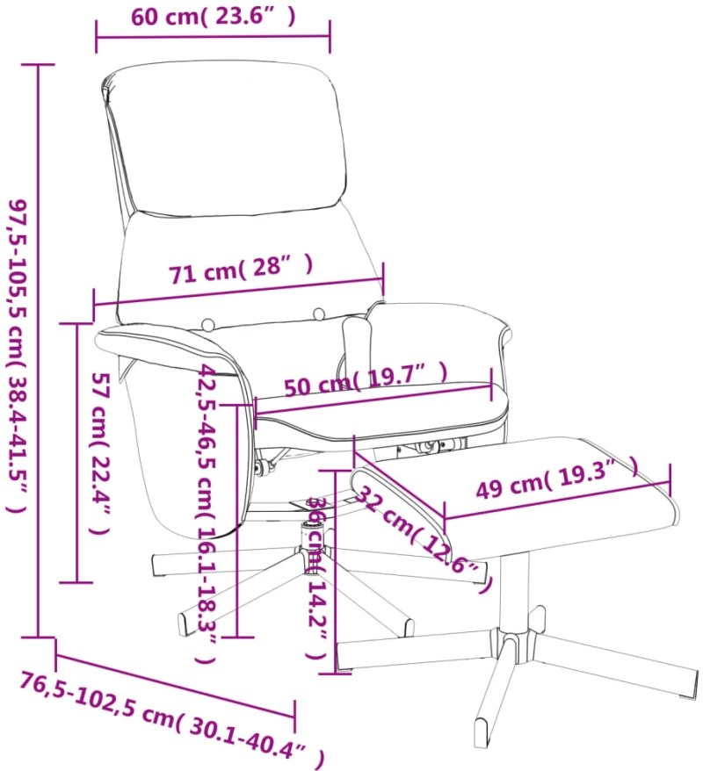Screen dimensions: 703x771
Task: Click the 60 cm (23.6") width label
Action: [213, 16]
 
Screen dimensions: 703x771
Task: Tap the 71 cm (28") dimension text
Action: [241, 270]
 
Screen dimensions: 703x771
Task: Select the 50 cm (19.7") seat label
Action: [366, 379]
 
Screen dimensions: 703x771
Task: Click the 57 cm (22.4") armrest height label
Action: [99, 453]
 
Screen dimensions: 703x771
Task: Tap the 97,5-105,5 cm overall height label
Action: [18, 356]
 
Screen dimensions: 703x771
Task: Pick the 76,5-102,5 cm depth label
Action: [172, 720]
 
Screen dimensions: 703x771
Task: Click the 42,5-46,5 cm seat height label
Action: [207, 514]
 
